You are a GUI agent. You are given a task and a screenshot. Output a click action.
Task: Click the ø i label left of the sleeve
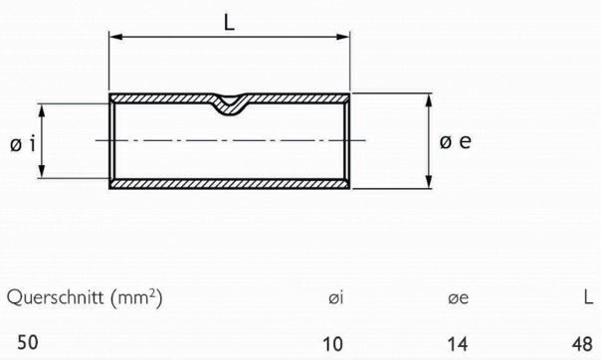24,143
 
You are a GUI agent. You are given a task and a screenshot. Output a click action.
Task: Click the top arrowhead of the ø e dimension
429,100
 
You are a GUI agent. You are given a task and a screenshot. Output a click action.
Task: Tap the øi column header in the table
334,297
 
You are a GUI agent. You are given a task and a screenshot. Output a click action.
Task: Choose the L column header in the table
587,297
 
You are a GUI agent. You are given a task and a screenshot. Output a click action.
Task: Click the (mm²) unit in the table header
132,297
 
